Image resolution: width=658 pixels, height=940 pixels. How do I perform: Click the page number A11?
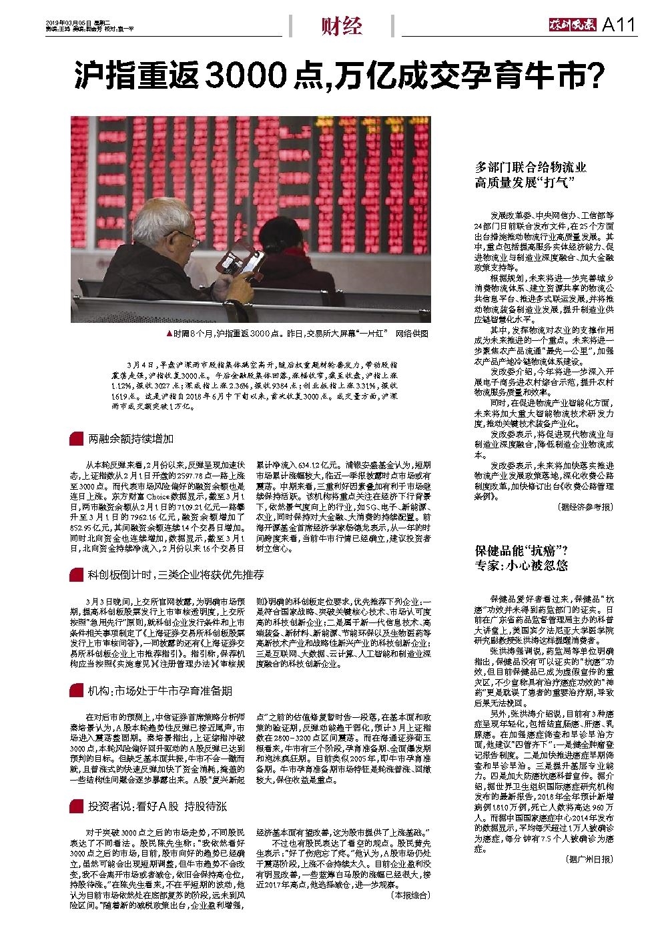pyautogui.click(x=619, y=25)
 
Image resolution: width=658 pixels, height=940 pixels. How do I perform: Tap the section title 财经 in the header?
pyautogui.click(x=341, y=26)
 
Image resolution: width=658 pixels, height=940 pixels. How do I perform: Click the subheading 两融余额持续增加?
pyautogui.click(x=131, y=438)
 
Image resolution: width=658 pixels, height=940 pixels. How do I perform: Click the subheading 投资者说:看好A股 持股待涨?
pyautogui.click(x=157, y=806)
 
